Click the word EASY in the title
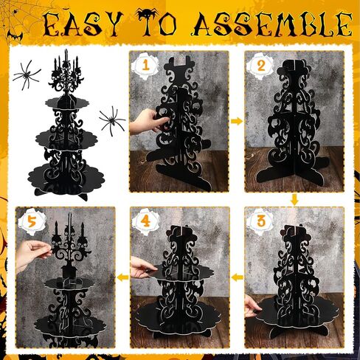pos(83,24)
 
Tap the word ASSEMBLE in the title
pos(272,24)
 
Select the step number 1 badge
pos(145,66)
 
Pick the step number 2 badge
pos(260,66)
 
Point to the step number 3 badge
pos(260,221)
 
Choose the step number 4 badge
pos(145,221)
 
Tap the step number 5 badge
pos(32,222)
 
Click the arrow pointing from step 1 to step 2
pos(237,121)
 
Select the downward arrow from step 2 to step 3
pos(294,200)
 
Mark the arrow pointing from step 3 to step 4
pos(238,277)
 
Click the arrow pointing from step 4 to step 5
pos(122,277)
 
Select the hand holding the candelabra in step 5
pos(31,253)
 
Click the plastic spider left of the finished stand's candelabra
pos(27,75)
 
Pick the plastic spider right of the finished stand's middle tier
pos(112,120)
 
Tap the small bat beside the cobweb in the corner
pos(15,36)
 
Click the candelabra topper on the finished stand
pos(66,74)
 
